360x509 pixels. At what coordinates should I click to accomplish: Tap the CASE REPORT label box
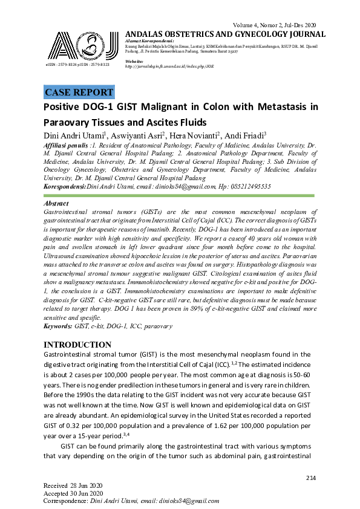tap(79, 92)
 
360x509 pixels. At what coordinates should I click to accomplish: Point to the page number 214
tap(311, 478)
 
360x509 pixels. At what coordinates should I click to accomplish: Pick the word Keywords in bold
tap(58, 326)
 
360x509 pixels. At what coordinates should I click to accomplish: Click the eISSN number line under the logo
tap(77, 64)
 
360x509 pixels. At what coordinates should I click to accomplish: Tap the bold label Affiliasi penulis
tap(65, 146)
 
